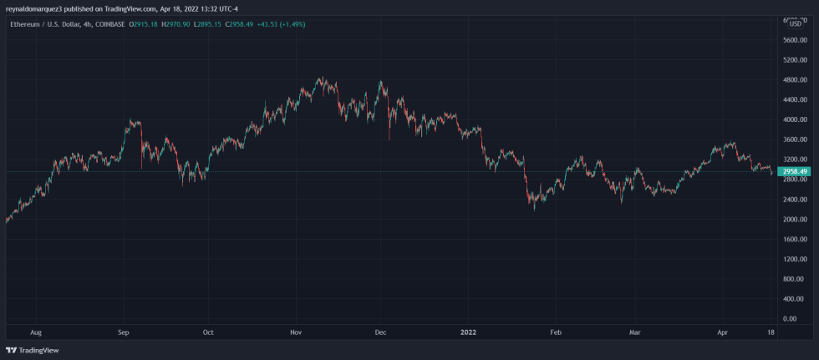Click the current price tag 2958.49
[793, 172]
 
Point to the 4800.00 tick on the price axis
[793, 80]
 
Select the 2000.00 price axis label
[793, 220]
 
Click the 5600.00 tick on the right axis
[793, 40]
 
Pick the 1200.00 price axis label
[793, 259]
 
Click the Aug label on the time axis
[35, 332]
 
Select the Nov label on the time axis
[295, 332]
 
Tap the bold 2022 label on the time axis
[469, 332]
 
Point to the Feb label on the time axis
[556, 332]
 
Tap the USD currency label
[795, 23]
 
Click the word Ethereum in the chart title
[26, 24]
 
